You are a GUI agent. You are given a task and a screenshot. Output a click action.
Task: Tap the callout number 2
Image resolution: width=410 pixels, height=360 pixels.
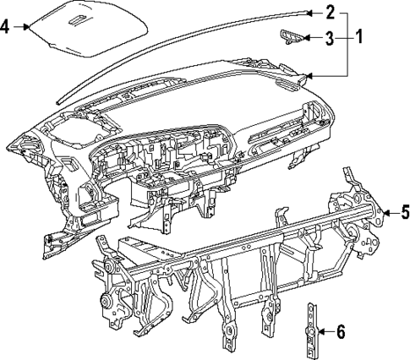pyautogui.click(x=330, y=12)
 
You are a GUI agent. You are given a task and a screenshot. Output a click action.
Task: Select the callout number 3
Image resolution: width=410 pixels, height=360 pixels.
pyautogui.click(x=330, y=37)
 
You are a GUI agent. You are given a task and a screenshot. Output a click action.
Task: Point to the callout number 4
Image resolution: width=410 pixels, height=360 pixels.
pyautogui.click(x=6, y=26)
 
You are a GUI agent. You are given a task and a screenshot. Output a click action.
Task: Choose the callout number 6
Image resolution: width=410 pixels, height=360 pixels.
pyautogui.click(x=340, y=331)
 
